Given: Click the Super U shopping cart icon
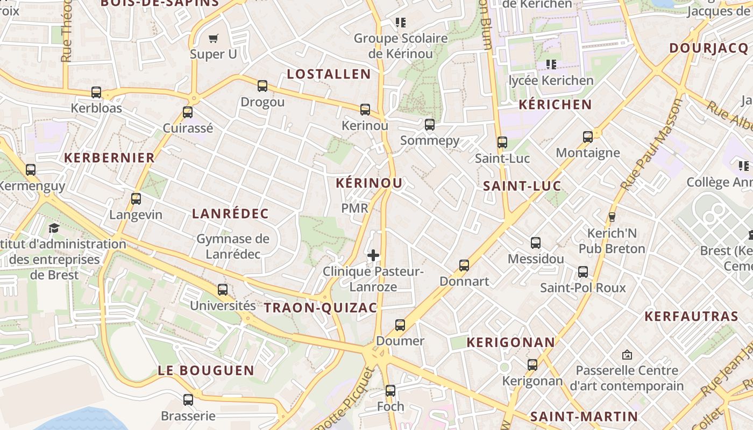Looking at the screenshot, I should [x=214, y=38].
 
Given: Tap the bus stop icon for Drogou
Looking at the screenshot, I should [x=262, y=86].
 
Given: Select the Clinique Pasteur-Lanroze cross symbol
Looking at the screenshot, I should [x=373, y=255].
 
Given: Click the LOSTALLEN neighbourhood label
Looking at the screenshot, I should [x=329, y=74].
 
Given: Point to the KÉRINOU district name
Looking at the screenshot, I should [x=369, y=183].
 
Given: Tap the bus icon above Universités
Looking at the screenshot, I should [x=223, y=290].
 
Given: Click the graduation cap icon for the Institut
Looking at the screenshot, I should [x=54, y=228].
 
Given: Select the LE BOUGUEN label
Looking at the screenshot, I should [x=206, y=370].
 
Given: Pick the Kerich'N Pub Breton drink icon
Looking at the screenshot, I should [x=612, y=217].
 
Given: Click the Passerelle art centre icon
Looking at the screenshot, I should [x=627, y=355].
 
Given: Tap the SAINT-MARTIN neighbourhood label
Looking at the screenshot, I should [x=584, y=417].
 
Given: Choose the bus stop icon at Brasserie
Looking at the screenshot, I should [x=188, y=400].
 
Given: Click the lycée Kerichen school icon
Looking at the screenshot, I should [x=551, y=64].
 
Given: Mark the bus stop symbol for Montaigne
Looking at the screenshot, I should [x=588, y=137].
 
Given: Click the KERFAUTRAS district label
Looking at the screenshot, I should [x=691, y=316].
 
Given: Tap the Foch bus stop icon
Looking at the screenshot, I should [x=390, y=391].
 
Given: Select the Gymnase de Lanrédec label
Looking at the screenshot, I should [x=233, y=246].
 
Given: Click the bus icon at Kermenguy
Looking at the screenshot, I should [x=31, y=170].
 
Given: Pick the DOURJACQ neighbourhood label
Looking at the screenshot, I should [x=708, y=48].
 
